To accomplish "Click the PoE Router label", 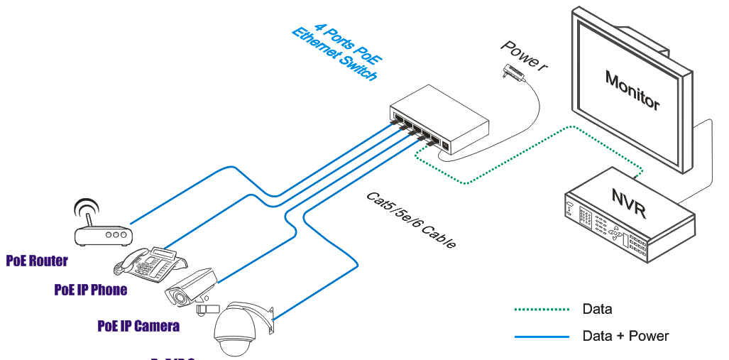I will [x=37, y=261].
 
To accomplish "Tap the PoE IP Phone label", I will [x=90, y=290].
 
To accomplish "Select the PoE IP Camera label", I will [x=138, y=326].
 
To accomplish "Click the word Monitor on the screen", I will [x=632, y=89].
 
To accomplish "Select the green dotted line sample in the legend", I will [x=542, y=310].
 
